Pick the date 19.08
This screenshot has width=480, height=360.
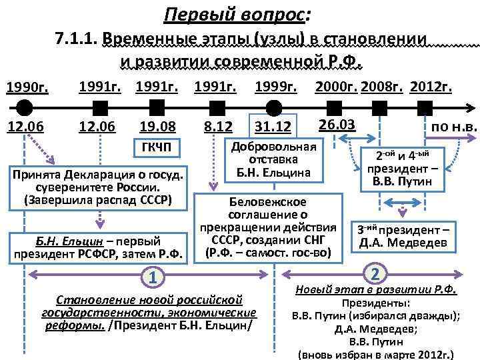click(x=157, y=126)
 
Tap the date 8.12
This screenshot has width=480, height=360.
click(x=216, y=126)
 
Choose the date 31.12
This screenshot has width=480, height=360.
click(x=273, y=127)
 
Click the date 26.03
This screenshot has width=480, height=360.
click(x=337, y=125)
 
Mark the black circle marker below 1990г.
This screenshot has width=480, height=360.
click(x=25, y=107)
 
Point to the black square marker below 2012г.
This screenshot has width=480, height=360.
click(x=438, y=107)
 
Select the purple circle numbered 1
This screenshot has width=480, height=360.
click(x=153, y=277)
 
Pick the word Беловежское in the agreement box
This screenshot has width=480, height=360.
click(x=267, y=201)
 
